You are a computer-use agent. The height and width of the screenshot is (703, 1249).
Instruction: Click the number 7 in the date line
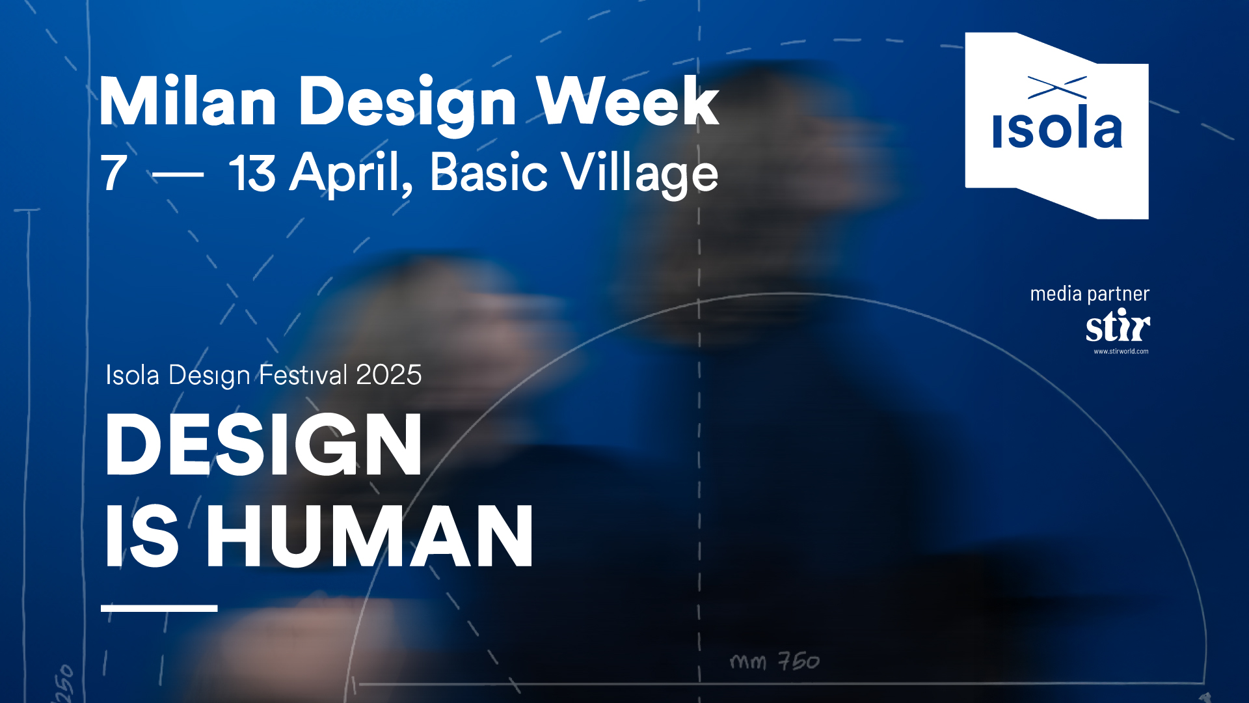tap(114, 172)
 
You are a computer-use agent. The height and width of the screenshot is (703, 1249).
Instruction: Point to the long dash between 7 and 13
tap(178, 174)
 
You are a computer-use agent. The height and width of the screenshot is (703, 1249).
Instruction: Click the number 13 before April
tap(252, 172)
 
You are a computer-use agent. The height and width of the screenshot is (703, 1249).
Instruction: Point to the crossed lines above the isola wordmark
tap(1057, 88)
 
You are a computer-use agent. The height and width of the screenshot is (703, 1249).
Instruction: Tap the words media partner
tap(1090, 294)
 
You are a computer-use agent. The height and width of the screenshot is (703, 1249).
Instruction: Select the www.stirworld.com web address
tap(1121, 351)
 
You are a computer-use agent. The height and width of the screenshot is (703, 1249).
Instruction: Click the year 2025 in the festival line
tap(389, 375)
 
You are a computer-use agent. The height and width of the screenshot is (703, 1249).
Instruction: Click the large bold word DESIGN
tap(263, 445)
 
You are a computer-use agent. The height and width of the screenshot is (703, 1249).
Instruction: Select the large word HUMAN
tap(370, 536)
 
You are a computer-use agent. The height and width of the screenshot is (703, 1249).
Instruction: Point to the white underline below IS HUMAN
tap(159, 608)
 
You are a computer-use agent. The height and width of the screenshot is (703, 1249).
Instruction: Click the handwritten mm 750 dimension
tap(775, 661)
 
